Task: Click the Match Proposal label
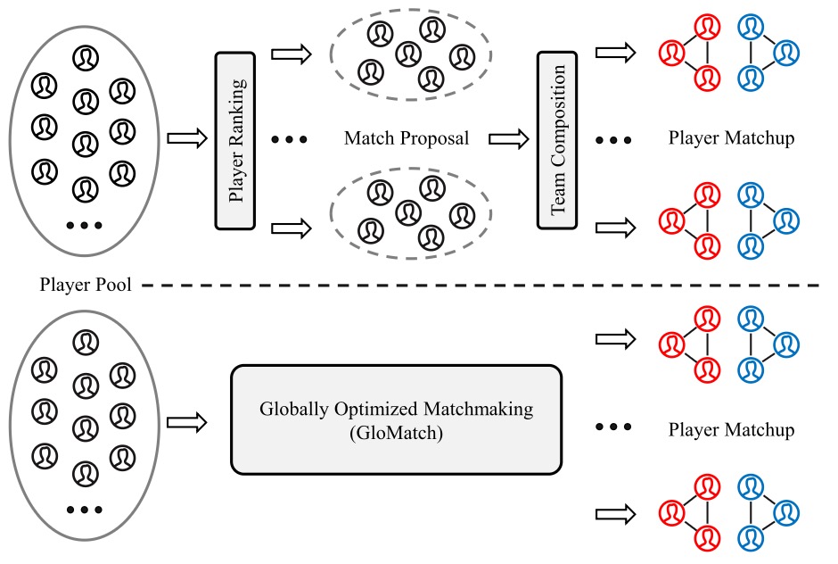[406, 139]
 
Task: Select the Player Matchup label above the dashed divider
[731, 139]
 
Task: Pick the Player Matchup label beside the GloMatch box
[731, 431]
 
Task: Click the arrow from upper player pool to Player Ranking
[185, 139]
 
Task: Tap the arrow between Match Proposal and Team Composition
[505, 139]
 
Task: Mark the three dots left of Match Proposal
[289, 140]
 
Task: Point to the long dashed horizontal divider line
[481, 286]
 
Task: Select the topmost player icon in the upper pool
[85, 59]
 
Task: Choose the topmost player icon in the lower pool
[85, 341]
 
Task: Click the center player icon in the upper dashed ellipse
[407, 52]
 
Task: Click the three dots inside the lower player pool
[84, 510]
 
